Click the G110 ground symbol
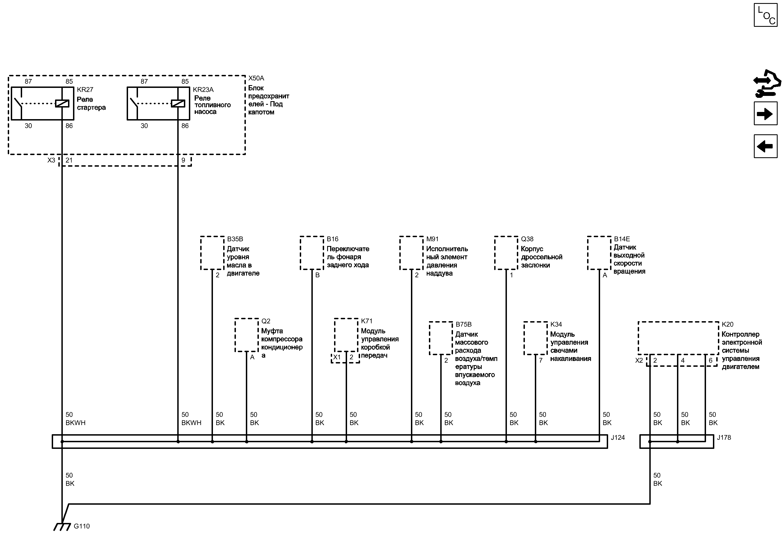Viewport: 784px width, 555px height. (62, 527)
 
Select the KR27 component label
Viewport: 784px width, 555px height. (85, 90)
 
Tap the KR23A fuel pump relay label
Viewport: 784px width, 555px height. (203, 90)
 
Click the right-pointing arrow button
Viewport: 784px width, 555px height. (765, 114)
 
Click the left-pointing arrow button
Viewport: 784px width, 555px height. (765, 146)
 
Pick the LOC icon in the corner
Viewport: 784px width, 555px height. (765, 15)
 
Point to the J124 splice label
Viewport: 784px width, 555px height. (618, 438)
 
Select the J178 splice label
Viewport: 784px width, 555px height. (724, 438)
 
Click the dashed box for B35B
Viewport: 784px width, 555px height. (212, 253)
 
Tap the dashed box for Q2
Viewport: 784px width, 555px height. (246, 335)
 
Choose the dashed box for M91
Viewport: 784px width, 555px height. (411, 253)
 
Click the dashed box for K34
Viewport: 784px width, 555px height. (535, 338)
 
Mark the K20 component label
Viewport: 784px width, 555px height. (728, 324)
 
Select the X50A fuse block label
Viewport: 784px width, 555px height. (256, 78)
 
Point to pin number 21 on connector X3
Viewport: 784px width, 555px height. (69, 160)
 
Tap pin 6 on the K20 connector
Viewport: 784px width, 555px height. (710, 360)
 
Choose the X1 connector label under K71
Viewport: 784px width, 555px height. (337, 357)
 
